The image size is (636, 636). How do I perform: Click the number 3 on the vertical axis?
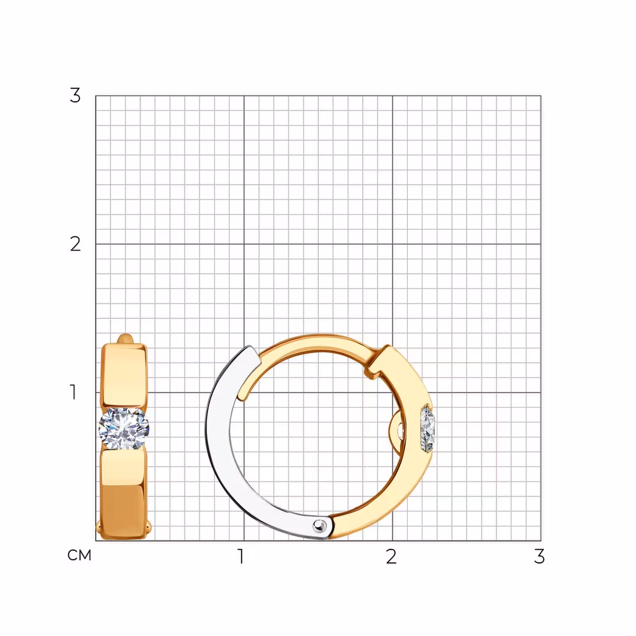(x=75, y=95)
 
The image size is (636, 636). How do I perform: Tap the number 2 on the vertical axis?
(x=75, y=244)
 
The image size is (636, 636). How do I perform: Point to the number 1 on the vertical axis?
(x=73, y=392)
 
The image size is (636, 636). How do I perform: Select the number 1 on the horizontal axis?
(x=240, y=556)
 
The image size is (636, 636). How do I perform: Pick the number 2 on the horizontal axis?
(x=391, y=556)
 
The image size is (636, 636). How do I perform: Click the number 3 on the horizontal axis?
(x=539, y=556)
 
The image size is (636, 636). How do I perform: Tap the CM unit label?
(x=79, y=555)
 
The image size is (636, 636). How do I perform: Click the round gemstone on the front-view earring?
(x=124, y=428)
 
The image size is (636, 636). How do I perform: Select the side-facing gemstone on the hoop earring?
(x=428, y=429)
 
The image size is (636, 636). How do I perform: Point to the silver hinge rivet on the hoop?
(x=319, y=526)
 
